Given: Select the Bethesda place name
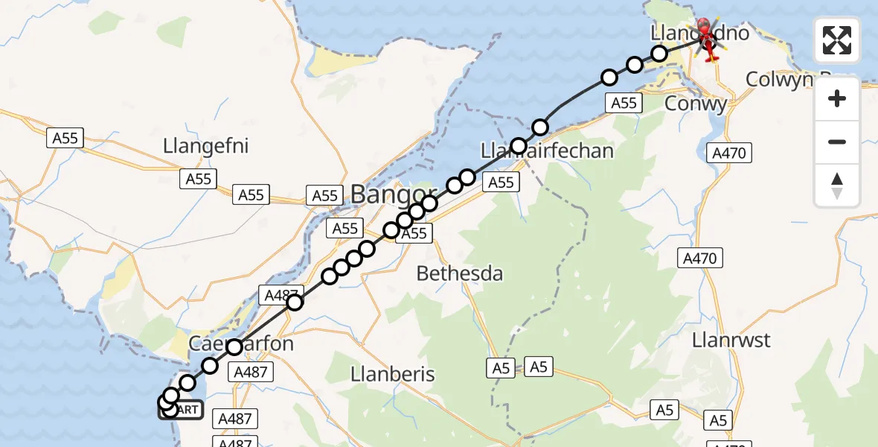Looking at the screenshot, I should (x=459, y=273).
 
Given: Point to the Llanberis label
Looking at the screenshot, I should (x=392, y=374).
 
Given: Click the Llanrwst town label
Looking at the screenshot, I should (x=731, y=340).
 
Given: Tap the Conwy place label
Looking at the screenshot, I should (x=695, y=104).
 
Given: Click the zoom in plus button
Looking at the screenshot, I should (x=837, y=98).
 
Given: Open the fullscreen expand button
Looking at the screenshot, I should (x=837, y=40).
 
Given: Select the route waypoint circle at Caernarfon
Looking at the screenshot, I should (x=234, y=347).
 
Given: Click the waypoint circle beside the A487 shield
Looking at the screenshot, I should (x=295, y=302).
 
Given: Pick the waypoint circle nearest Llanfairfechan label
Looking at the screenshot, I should (x=519, y=146).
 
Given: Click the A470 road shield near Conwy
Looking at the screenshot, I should (x=731, y=153).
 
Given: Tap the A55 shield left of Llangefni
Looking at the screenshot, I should (x=65, y=138).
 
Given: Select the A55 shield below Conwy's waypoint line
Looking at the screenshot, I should (x=624, y=104).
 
